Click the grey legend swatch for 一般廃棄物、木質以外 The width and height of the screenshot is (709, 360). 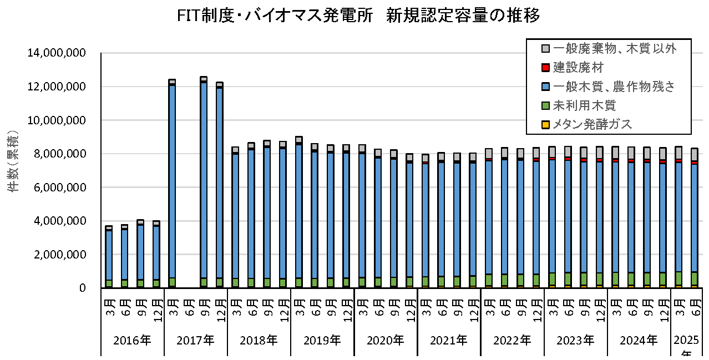click(545, 49)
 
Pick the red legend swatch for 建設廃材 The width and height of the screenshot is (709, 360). click(545, 68)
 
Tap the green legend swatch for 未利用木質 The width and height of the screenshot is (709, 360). click(545, 105)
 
